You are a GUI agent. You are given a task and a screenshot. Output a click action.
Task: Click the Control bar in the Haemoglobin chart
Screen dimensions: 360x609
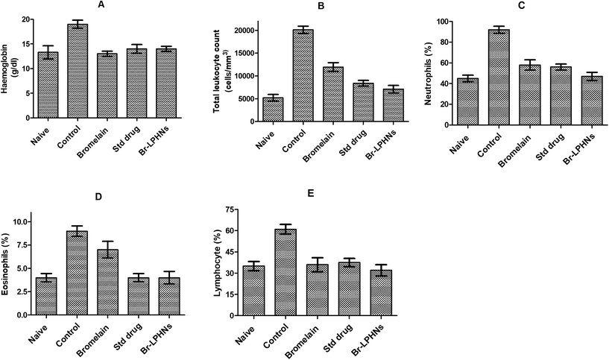78,72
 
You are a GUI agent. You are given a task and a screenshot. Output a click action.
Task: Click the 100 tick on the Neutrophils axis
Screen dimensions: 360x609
441,22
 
